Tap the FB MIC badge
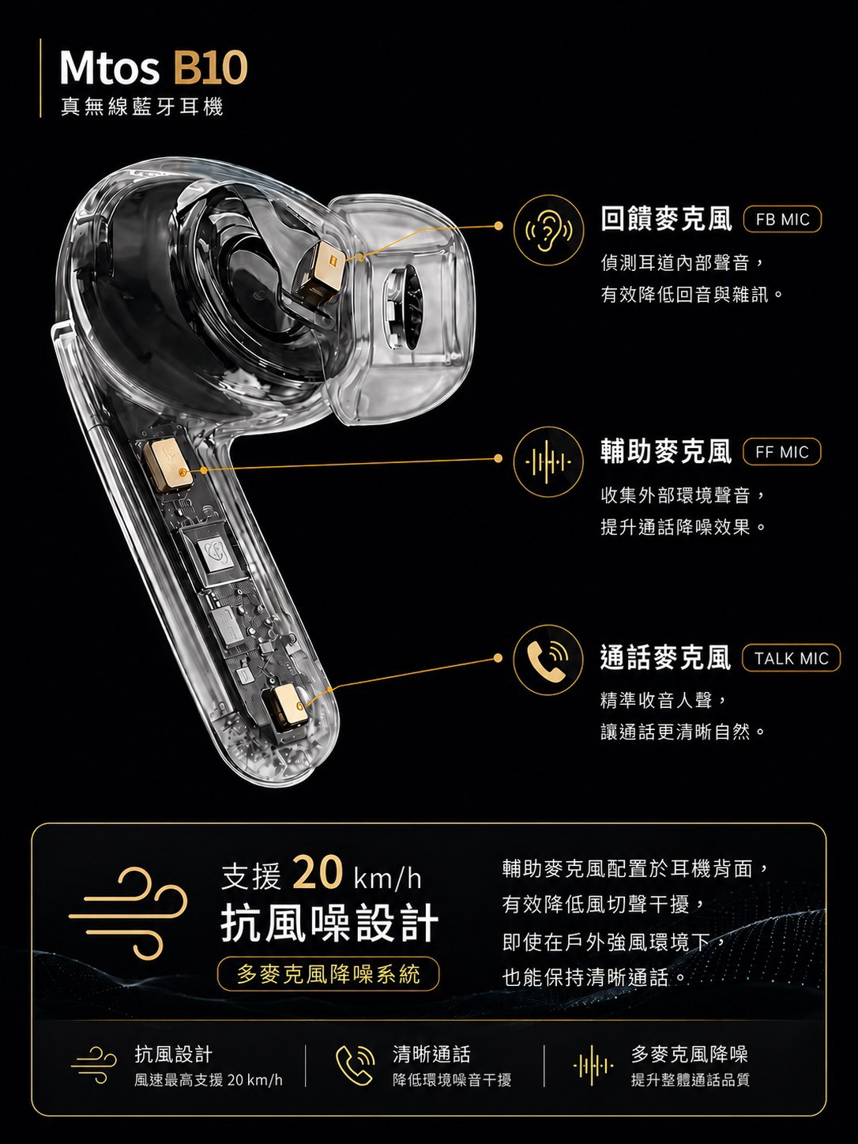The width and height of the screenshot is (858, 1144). pos(782,220)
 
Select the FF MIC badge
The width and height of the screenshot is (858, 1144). pos(782,452)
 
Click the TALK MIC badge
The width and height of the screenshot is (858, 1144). pos(792,658)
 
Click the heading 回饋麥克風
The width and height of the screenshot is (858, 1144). pos(667,219)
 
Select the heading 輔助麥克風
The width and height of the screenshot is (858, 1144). pos(667,451)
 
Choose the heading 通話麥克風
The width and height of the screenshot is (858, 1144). pos(666,657)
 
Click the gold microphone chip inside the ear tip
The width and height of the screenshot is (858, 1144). pos(322,273)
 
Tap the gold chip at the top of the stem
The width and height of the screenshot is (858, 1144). pos(167,465)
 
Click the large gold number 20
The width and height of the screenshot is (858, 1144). pos(318,872)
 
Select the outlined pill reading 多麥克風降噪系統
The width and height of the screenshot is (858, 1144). pos(328,974)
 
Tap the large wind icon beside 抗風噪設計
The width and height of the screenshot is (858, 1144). pos(128,913)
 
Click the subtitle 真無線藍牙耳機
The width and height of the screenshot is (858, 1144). pos(141,107)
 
